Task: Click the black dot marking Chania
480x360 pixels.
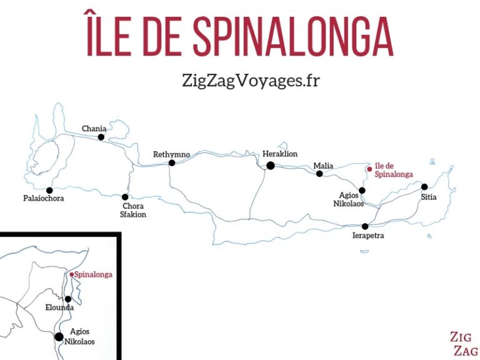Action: pos(101,137)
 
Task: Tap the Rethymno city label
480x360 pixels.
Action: pos(171,154)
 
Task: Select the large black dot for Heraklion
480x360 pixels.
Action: pos(271,166)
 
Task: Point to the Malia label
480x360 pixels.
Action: pos(323,166)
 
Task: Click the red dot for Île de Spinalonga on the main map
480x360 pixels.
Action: pos(370,168)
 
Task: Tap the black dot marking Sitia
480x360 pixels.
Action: pos(424,186)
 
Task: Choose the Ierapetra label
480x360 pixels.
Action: pos(368,236)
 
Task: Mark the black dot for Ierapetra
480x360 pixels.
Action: pos(365,226)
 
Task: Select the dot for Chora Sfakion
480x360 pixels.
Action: pos(125,197)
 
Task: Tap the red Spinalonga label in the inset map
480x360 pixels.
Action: pos(94,274)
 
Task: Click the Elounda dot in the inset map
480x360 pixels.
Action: pos(67,299)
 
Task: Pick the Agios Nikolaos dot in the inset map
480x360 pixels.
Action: pos(59,337)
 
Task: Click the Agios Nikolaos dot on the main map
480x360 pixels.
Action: pos(362,190)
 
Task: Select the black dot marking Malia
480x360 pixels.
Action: pos(319,174)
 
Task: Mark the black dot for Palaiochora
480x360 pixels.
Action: pos(49,190)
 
